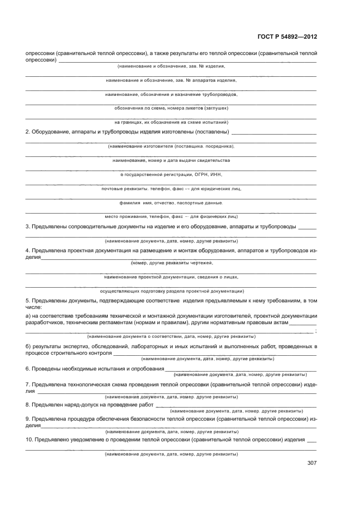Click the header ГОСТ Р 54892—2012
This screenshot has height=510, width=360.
[x=287, y=37]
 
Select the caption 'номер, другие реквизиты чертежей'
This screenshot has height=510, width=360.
[x=172, y=263]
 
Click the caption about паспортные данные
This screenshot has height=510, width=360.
[x=171, y=203]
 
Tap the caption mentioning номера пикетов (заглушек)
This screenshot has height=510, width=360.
[x=171, y=108]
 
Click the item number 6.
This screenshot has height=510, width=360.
[x=28, y=368]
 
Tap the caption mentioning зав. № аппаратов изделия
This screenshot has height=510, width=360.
[x=171, y=80]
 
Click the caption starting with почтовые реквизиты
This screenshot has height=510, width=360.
[x=171, y=189]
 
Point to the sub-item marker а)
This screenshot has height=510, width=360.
[x=28, y=316]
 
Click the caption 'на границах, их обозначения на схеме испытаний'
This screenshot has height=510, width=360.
[x=171, y=122]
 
